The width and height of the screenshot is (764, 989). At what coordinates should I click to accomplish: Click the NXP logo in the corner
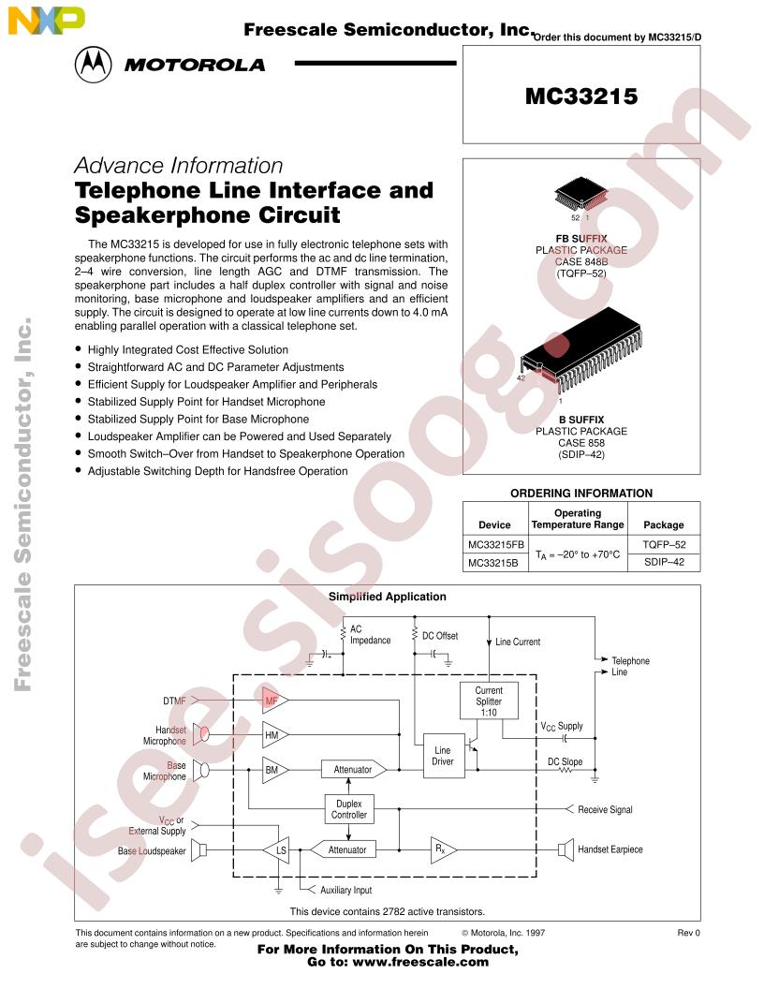(46, 20)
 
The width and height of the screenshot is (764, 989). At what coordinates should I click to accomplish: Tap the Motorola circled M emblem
(94, 65)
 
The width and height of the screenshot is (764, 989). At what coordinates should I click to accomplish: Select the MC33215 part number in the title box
(581, 96)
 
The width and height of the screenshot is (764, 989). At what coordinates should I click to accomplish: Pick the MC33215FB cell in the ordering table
(496, 544)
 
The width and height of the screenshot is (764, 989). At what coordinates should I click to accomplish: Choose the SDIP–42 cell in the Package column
(664, 562)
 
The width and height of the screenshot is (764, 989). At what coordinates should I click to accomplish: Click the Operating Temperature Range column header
(578, 519)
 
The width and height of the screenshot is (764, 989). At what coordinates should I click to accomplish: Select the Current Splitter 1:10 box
(489, 701)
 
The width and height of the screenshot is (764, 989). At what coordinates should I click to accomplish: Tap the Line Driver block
(443, 756)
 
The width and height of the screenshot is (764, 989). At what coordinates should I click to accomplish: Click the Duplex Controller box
(349, 809)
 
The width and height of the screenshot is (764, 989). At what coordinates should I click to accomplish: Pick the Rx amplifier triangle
(443, 849)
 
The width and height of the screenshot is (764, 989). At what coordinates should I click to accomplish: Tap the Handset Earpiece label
(610, 849)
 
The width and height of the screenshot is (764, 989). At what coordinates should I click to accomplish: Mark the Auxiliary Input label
(346, 890)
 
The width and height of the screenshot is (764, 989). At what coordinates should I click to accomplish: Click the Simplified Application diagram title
(387, 597)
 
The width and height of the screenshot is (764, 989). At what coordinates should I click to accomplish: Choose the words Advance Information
(179, 165)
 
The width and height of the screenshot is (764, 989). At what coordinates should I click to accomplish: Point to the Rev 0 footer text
(688, 933)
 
